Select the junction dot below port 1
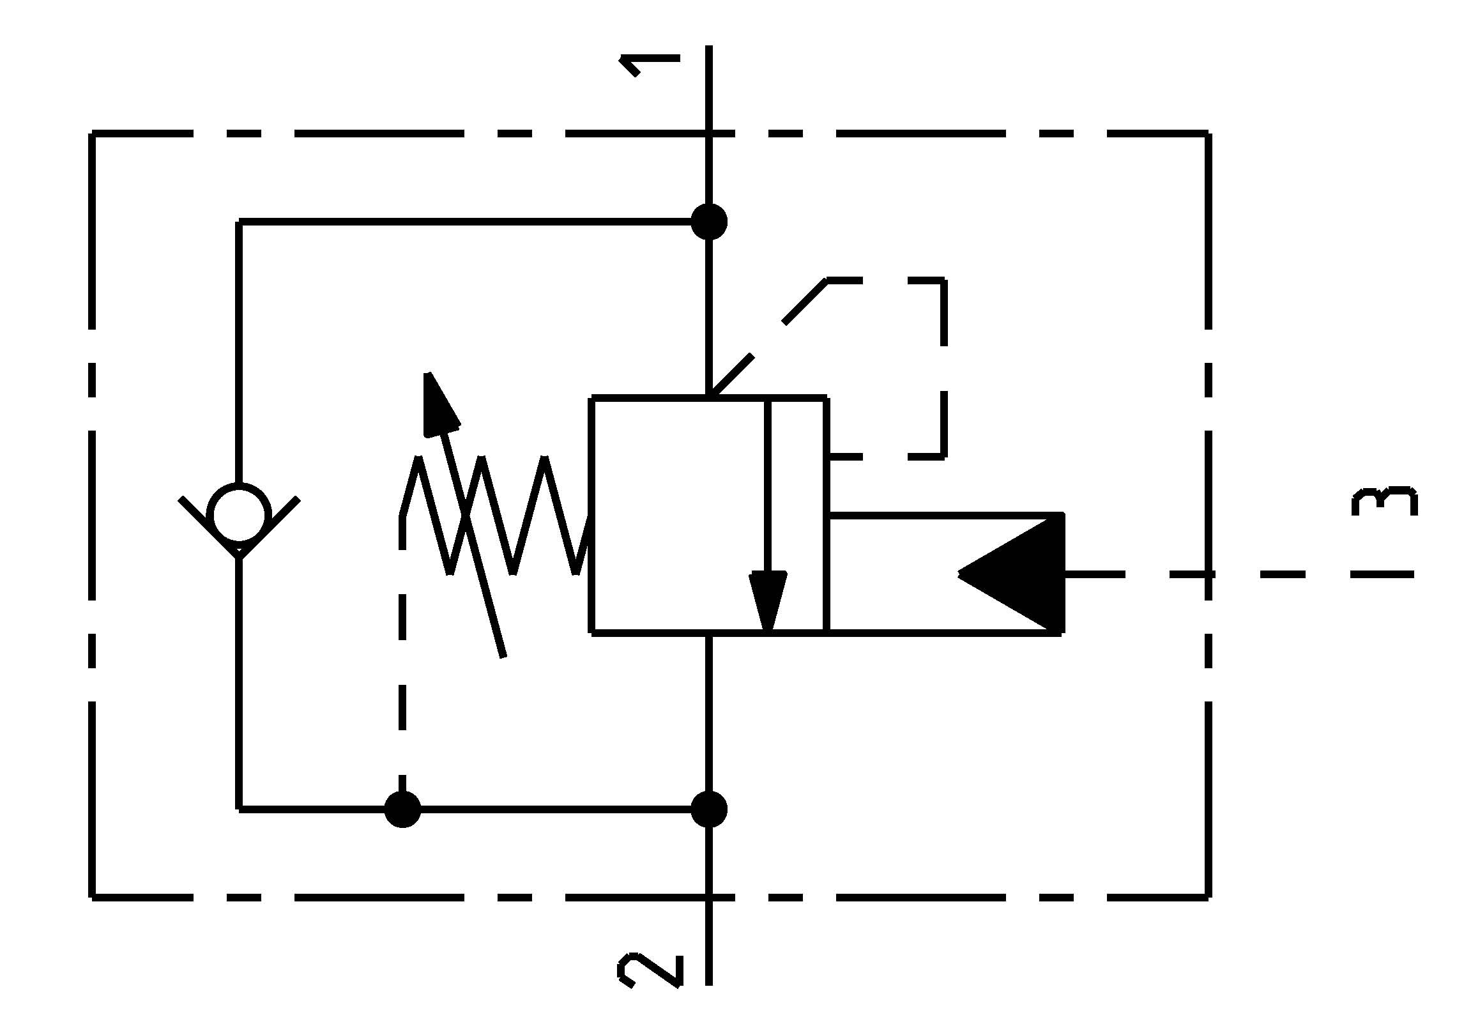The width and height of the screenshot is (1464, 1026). click(709, 222)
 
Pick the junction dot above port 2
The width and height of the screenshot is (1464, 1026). click(709, 809)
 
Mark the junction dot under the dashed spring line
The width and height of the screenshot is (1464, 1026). click(402, 809)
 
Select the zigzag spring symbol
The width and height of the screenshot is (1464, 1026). click(498, 515)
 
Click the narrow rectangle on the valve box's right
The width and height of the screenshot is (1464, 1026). click(798, 515)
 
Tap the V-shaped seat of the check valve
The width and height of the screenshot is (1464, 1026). click(239, 543)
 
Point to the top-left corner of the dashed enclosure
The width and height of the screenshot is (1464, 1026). click(93, 134)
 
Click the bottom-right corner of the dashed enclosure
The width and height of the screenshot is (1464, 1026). click(1208, 898)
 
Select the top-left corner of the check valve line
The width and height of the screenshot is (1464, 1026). click(240, 222)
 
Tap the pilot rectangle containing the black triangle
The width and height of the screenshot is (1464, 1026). click(945, 574)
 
